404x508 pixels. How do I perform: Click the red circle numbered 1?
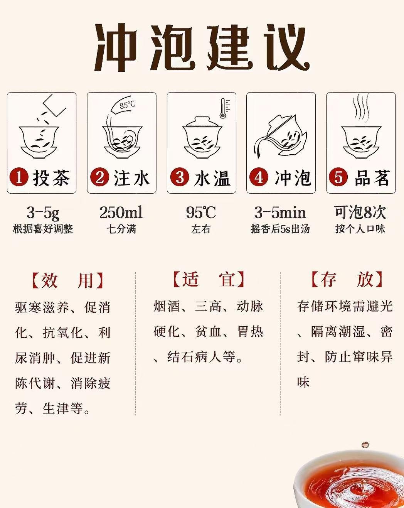pos(19,177)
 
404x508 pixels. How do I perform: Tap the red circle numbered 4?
pos(259,177)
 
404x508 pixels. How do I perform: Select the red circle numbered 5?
pos(338,177)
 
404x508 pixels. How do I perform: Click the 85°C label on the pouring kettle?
pos(128,105)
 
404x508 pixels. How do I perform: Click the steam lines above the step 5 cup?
pos(360,107)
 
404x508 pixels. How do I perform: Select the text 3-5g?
pos(43,213)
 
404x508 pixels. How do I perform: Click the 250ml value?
pos(121,212)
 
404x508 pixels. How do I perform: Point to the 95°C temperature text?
pos(201,212)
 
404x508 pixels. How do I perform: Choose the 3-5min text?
pos(280,212)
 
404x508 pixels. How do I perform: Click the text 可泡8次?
pos(360,212)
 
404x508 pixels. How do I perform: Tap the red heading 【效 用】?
pos(67,281)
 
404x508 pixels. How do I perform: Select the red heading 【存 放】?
pos(347,280)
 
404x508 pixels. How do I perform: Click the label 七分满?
pos(121,229)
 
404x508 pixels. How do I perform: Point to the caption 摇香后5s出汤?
pos(280,229)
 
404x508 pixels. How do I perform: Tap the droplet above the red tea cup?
pos(365,445)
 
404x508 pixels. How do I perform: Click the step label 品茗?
pos(372,177)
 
